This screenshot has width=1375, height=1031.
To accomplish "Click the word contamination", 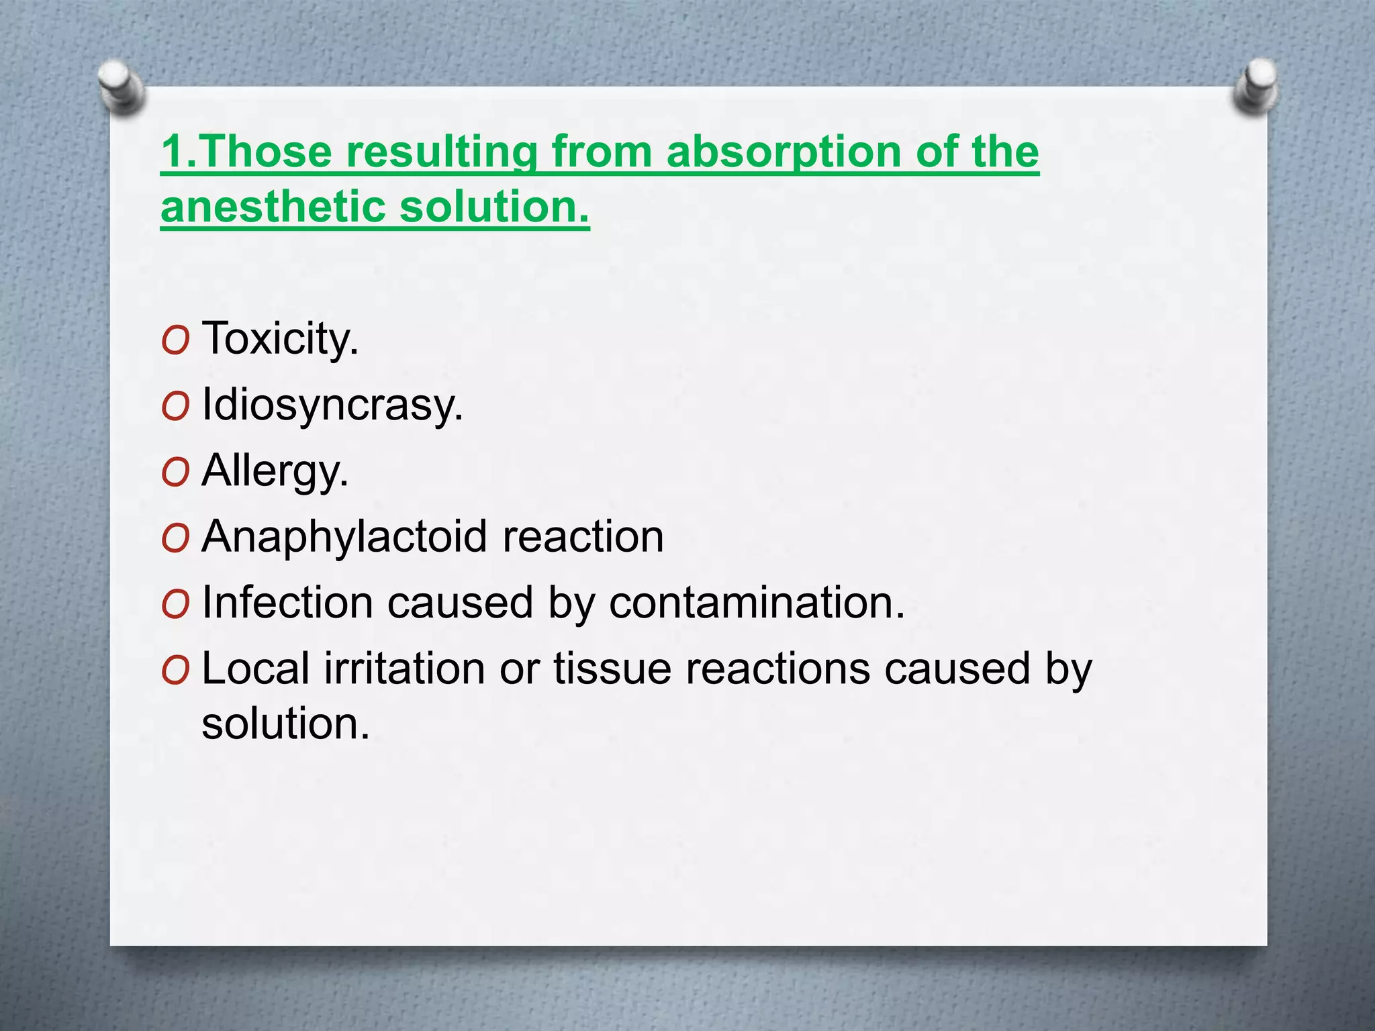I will [757, 603].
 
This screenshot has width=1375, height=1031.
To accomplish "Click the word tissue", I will [612, 669].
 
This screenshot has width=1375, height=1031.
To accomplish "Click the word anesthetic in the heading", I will [273, 207].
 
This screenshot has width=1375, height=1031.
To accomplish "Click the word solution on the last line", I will [285, 724].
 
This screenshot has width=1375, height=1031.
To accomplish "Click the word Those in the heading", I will [265, 152].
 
